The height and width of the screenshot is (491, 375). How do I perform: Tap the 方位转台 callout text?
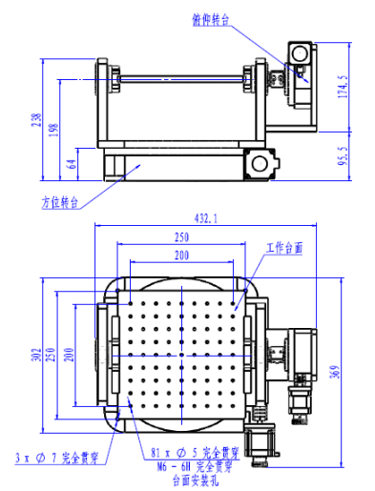tap(57, 202)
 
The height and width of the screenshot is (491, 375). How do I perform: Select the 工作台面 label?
tap(282, 247)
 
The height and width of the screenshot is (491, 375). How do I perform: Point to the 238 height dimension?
tap(35, 124)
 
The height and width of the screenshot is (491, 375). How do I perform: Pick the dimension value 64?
tap(73, 163)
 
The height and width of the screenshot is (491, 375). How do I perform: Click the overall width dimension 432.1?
tap(205, 218)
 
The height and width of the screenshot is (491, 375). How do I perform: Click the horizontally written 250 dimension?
tap(180, 237)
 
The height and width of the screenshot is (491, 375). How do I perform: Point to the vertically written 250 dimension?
tap(52, 354)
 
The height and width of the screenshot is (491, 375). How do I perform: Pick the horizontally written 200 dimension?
tap(180, 256)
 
